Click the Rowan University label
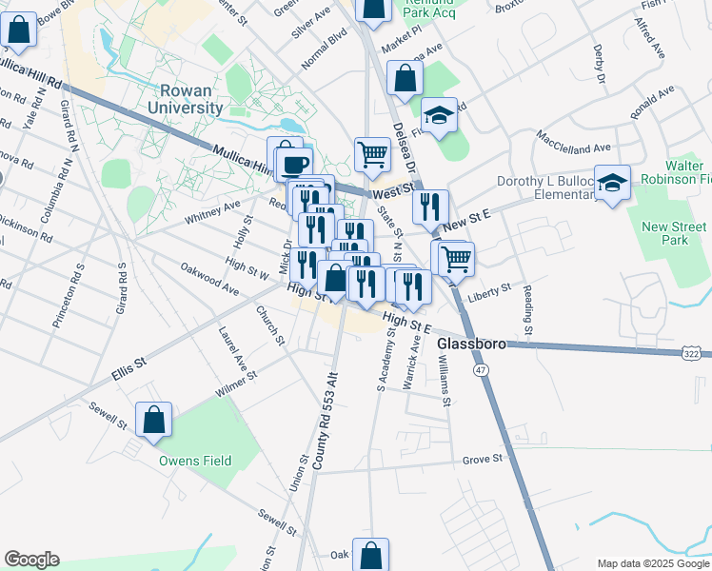click(x=191, y=99)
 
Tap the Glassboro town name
click(x=468, y=343)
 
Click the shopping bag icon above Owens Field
click(x=153, y=420)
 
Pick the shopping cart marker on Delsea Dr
click(x=457, y=256)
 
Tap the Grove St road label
click(x=482, y=460)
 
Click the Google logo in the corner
click(x=31, y=560)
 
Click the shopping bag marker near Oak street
click(x=370, y=555)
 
